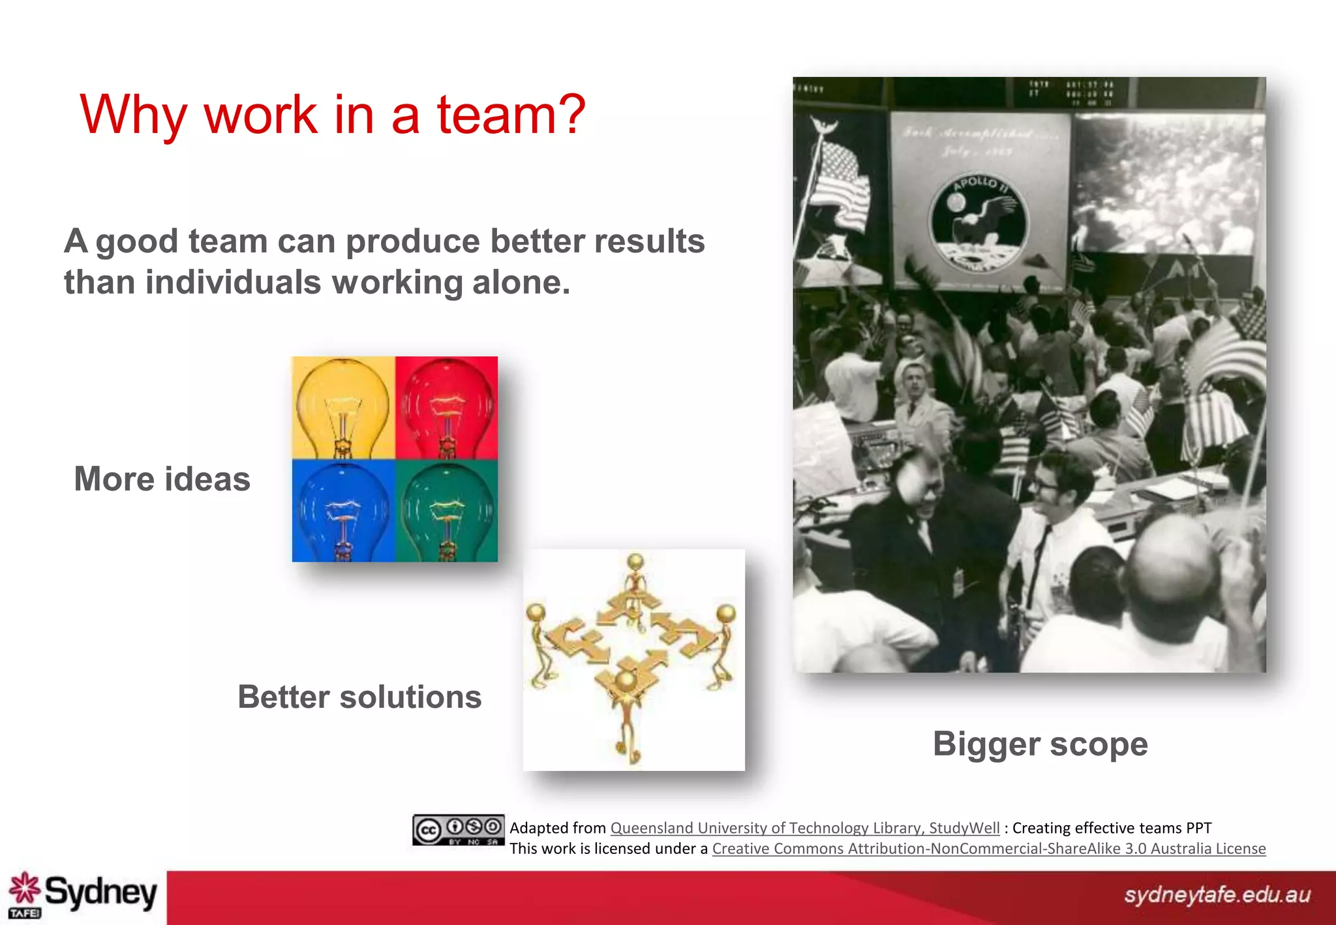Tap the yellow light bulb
point(342,408)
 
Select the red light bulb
point(447,408)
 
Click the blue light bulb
point(342,511)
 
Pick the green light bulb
point(447,511)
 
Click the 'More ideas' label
point(162,479)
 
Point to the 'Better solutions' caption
point(359,697)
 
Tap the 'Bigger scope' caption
point(1040,744)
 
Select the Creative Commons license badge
point(458,830)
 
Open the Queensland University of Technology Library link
point(804,828)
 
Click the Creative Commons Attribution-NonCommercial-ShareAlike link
point(988,849)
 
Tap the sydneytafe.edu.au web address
point(1217,894)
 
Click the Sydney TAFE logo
point(83,894)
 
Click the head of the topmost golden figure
point(635,560)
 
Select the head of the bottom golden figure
point(625,680)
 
